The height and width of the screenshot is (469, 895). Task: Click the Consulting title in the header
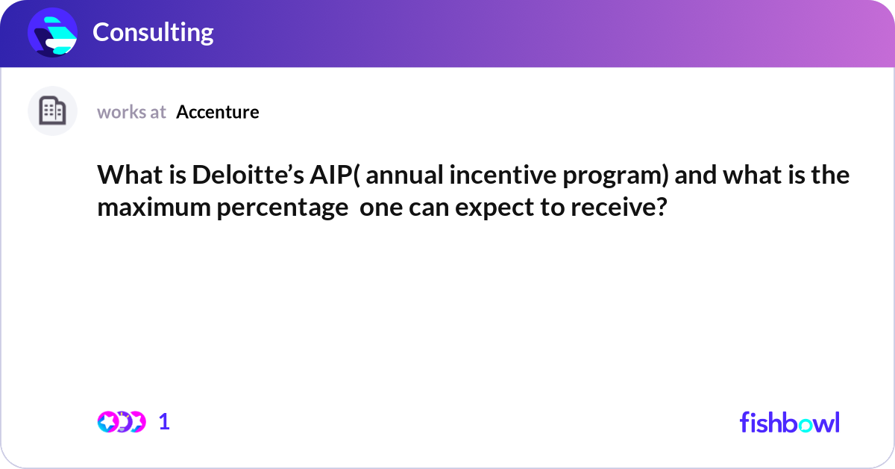pos(153,32)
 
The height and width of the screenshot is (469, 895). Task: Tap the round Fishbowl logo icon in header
pos(53,32)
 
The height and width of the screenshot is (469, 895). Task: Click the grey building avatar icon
pos(52,111)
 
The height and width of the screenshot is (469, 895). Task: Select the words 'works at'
pos(131,112)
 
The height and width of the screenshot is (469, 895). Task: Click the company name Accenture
pos(218,112)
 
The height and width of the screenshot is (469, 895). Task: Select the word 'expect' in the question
pos(490,207)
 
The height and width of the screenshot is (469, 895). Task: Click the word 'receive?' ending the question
pos(618,207)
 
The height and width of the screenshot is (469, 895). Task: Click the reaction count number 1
pos(164,422)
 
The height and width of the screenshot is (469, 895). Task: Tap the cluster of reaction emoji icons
pos(121,422)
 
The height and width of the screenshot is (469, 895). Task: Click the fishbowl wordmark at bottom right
pos(789,422)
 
